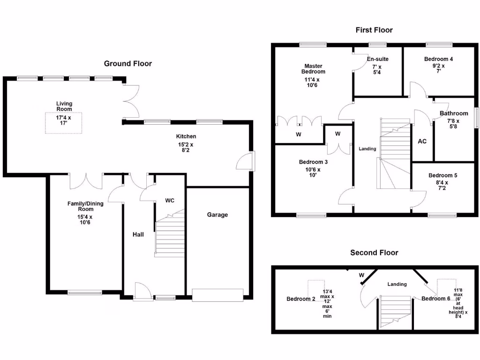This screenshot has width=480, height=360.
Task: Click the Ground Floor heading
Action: [127, 64]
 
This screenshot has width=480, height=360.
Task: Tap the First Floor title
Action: [374, 30]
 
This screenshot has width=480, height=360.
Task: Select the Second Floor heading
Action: [374, 253]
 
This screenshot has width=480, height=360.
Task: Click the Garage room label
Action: [217, 215]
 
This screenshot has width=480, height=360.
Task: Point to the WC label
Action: [170, 200]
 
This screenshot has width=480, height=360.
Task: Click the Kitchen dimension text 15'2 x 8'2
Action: [186, 148]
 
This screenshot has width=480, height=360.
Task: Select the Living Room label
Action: [64, 106]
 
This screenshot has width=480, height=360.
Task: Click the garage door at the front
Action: [217, 294]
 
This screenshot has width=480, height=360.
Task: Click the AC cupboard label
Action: [422, 141]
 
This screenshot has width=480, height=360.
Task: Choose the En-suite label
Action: [377, 59]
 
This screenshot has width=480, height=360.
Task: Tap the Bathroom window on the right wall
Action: [477, 117]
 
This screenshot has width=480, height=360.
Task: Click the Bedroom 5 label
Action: [442, 175]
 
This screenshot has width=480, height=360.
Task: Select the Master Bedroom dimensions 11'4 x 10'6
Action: [314, 82]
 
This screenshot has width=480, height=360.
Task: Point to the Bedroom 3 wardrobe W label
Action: [338, 134]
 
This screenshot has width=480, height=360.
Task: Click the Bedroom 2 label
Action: [300, 299]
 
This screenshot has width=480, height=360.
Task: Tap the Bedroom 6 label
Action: [435, 299]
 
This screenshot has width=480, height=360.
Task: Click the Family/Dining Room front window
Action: [85, 293]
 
